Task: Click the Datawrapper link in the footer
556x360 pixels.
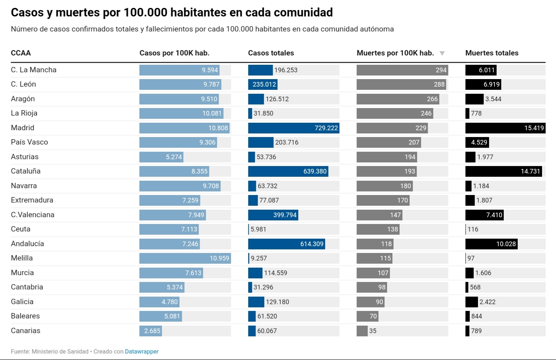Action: pyautogui.click(x=141, y=351)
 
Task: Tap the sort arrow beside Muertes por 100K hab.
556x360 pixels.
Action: pyautogui.click(x=442, y=53)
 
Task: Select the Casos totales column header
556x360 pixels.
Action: pyautogui.click(x=271, y=53)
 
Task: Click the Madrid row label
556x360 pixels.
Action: pyautogui.click(x=23, y=128)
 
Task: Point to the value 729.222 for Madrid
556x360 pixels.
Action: pyautogui.click(x=326, y=128)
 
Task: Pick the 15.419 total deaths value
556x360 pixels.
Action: pyautogui.click(x=534, y=128)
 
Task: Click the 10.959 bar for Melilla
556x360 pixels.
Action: pyautogui.click(x=185, y=258)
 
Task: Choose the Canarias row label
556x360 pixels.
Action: pyautogui.click(x=25, y=331)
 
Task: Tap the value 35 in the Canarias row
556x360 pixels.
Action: pyautogui.click(x=373, y=331)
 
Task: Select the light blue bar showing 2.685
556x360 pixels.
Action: pyautogui.click(x=150, y=331)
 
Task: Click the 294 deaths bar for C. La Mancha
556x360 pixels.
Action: pyautogui.click(x=402, y=70)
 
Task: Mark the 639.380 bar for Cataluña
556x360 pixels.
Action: pyautogui.click(x=288, y=171)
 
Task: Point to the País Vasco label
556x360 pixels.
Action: pyautogui.click(x=29, y=142)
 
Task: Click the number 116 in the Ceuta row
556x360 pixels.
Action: pyautogui.click(x=473, y=229)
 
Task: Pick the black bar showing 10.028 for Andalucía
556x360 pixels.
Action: pyautogui.click(x=491, y=244)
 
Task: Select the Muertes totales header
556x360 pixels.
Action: pyautogui.click(x=492, y=53)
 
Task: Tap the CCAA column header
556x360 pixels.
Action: pyautogui.click(x=21, y=53)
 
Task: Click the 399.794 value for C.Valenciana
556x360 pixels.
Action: pyautogui.click(x=285, y=215)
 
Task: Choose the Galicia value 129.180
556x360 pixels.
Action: pyautogui.click(x=277, y=302)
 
